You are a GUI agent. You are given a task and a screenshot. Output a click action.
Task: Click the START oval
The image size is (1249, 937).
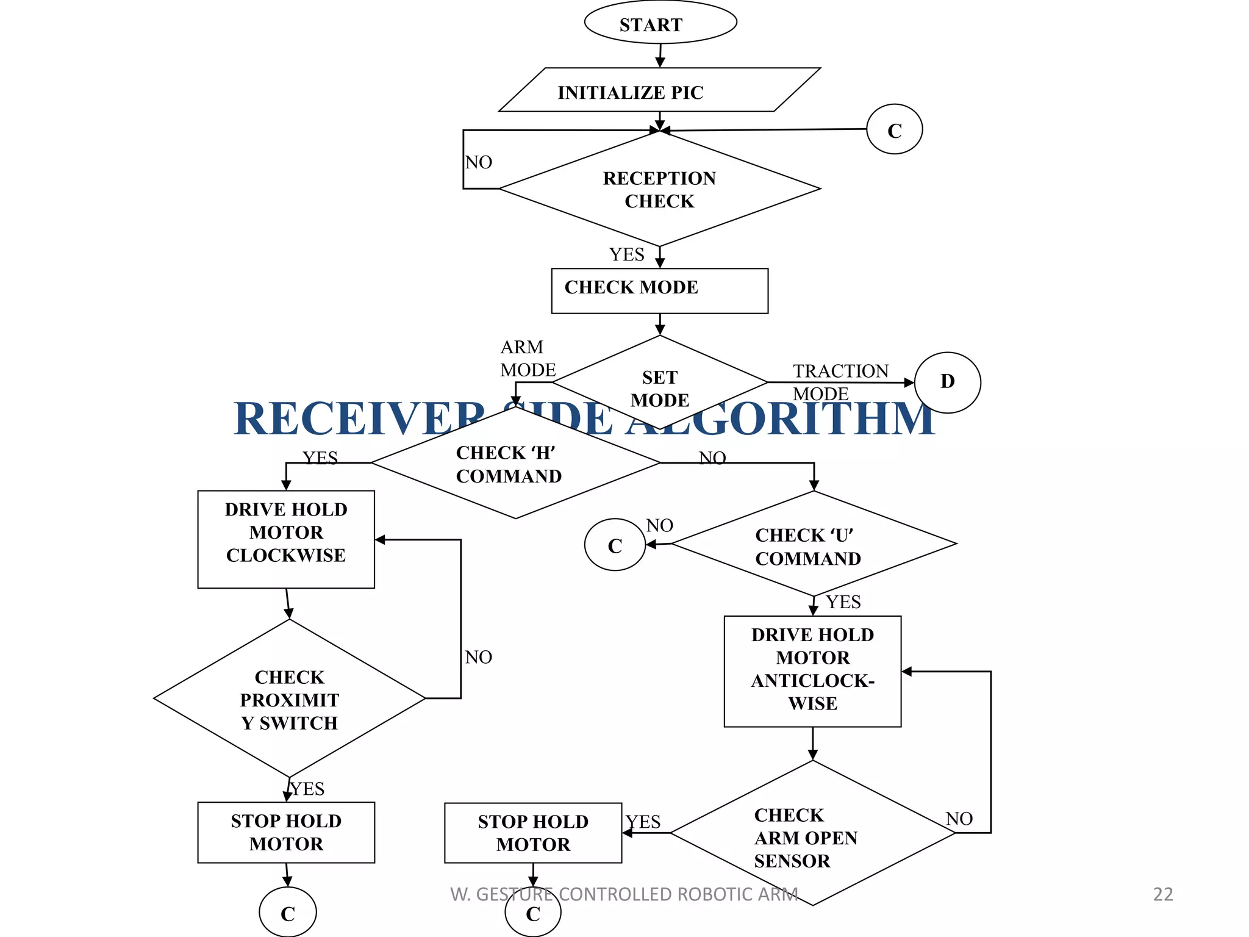coord(660,23)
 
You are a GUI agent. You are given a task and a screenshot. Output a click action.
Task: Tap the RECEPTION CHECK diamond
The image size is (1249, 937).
coord(659,189)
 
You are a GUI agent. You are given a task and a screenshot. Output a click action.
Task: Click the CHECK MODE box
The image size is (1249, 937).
coord(659,290)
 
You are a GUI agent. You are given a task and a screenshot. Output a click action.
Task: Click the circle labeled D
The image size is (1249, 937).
coord(947,382)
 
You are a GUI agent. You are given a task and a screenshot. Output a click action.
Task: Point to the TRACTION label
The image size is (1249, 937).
coord(840,371)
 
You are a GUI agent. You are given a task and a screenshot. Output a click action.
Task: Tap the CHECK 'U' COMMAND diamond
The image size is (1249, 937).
coord(813,545)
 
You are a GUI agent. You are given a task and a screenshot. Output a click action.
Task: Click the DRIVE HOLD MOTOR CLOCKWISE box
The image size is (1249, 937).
coord(286,539)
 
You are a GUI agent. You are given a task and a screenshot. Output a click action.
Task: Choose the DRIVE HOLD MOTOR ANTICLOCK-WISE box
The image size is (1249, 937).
coord(812,670)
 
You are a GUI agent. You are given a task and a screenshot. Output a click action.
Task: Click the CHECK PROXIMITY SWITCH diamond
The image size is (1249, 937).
coord(289,699)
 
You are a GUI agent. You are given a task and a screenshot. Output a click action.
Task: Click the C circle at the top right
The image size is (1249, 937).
coord(894,129)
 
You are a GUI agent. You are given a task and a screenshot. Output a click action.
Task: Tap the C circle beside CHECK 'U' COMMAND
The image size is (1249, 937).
coord(615,545)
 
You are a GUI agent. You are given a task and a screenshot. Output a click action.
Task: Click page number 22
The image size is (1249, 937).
coord(1162,894)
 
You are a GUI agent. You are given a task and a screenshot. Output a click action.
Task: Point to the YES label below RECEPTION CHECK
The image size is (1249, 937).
coord(626,254)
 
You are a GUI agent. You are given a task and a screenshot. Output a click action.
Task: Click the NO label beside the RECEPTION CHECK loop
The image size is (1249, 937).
coord(479,162)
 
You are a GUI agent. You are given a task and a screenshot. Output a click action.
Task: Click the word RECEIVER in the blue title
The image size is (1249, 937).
coord(360,419)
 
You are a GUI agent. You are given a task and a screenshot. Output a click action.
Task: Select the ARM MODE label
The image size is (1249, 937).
coord(527,358)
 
